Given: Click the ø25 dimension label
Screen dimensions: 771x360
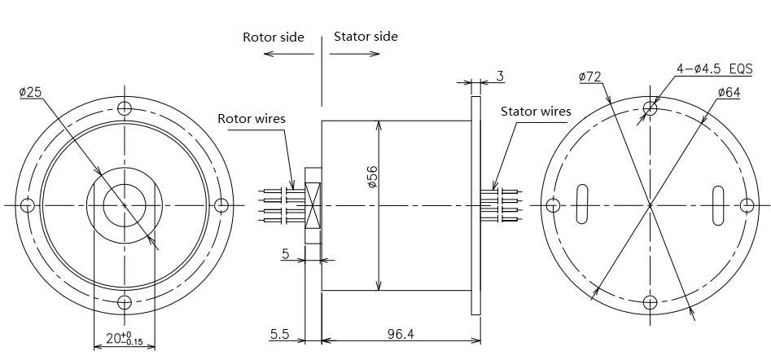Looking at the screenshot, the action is (x=30, y=92).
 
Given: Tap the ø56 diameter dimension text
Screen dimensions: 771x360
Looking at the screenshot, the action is (x=372, y=177).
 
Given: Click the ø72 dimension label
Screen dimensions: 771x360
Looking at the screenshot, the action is (x=590, y=77).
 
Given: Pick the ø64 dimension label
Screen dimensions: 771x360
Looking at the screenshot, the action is (x=729, y=92).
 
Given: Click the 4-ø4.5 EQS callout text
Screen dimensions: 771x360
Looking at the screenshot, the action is (x=715, y=69).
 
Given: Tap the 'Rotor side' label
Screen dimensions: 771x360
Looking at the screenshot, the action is (x=274, y=37).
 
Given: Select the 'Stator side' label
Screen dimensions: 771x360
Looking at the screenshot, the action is (x=366, y=37).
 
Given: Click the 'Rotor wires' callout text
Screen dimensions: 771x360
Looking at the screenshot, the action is (x=252, y=119).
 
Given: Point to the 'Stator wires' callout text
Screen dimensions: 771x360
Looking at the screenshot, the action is (x=536, y=112).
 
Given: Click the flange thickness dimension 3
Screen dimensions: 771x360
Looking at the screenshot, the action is (x=500, y=76).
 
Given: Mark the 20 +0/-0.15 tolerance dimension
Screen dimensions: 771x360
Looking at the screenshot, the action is (x=125, y=338).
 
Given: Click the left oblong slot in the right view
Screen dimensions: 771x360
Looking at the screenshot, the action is (x=581, y=204).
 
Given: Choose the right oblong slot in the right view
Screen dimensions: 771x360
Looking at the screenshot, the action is (x=718, y=205).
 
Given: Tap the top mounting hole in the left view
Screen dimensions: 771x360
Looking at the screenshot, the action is (x=125, y=108).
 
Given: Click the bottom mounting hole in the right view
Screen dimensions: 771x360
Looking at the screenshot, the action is (x=650, y=301).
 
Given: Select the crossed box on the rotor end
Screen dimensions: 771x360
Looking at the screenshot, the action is (x=313, y=205).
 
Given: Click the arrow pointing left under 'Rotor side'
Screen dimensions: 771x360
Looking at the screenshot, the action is (x=289, y=54).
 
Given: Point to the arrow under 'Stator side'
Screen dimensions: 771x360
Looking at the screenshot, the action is (x=354, y=54).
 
